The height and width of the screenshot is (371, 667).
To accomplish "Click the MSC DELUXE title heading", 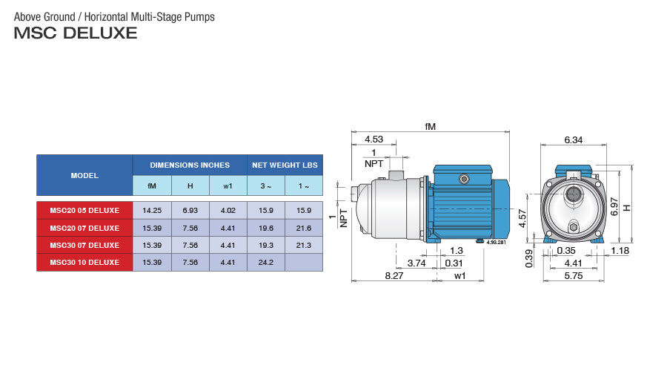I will point(76,33).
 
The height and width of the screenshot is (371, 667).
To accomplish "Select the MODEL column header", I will point(84,176).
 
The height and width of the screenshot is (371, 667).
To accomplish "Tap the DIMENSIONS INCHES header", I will point(190,165).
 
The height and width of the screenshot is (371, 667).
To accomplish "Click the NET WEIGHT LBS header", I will point(285,165).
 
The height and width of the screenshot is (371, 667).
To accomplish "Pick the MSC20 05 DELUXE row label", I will point(84,210).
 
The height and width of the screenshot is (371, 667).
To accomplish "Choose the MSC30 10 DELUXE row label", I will point(84,262).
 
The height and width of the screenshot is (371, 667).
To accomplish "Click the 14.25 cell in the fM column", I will point(152,210).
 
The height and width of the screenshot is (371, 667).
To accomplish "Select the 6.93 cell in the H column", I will point(190,210).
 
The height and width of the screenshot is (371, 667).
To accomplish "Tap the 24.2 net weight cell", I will point(266,262).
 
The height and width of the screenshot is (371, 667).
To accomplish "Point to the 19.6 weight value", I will point(266,228).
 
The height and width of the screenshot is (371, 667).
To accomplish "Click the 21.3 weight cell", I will point(304,245).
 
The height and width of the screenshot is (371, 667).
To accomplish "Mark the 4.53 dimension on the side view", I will point(374,139).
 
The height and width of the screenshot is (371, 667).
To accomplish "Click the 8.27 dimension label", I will point(394,275).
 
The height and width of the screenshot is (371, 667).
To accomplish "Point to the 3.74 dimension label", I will point(417,263).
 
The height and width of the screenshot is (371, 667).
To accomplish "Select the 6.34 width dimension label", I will point(573,139).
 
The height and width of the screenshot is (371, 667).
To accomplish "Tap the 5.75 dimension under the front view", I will point(573,275).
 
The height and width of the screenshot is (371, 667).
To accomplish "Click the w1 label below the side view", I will point(459,275).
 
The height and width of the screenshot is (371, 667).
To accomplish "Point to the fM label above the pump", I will point(430,127).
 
